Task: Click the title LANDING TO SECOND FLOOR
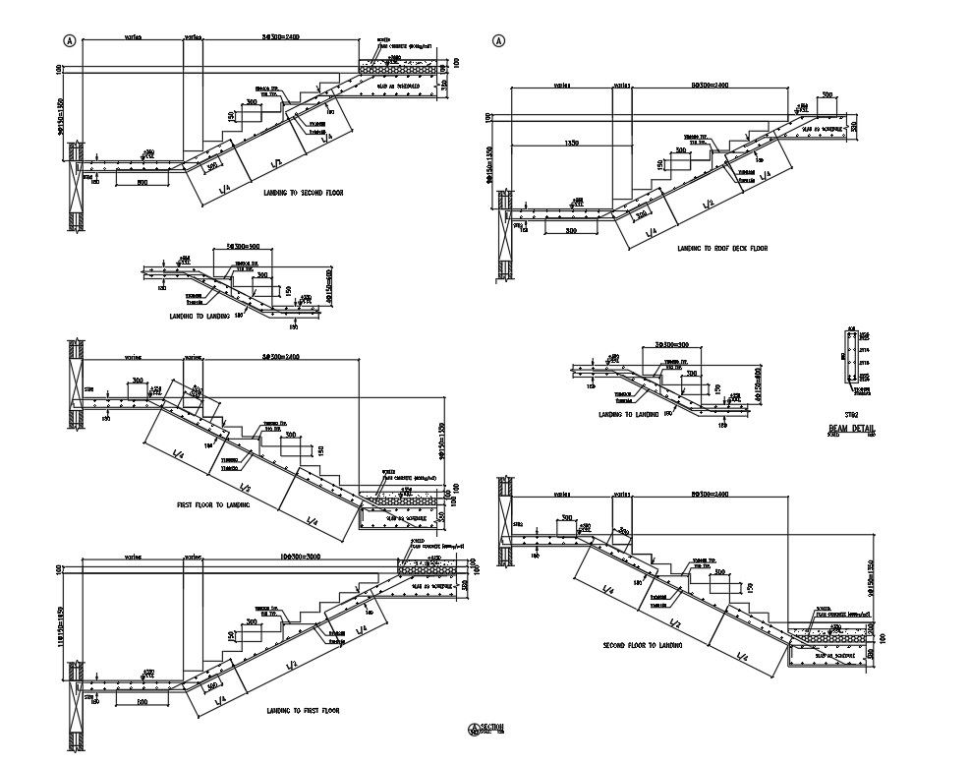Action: pyautogui.click(x=304, y=193)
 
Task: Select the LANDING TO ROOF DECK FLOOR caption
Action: pyautogui.click(x=722, y=248)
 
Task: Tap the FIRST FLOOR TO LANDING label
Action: pyautogui.click(x=213, y=504)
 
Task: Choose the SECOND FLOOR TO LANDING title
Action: pyautogui.click(x=643, y=646)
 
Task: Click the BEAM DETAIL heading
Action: pyautogui.click(x=851, y=429)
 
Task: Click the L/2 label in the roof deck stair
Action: pyautogui.click(x=708, y=204)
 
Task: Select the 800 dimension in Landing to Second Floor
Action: pyautogui.click(x=142, y=183)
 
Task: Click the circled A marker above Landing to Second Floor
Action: pyautogui.click(x=69, y=41)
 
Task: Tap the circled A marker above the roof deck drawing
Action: pyautogui.click(x=498, y=41)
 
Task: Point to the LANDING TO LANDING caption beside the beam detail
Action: pyautogui.click(x=629, y=415)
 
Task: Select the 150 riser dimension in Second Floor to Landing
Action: pyautogui.click(x=749, y=587)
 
